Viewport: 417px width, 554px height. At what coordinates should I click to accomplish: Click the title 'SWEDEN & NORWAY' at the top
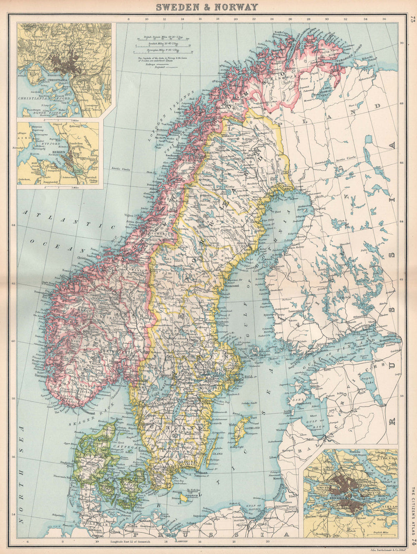pos(207,7)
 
